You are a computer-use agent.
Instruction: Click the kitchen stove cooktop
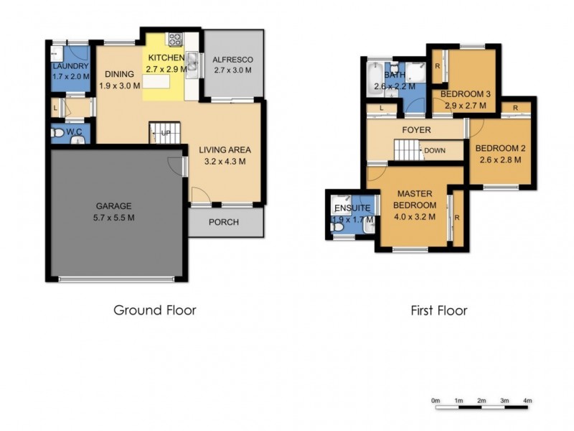click(174, 40)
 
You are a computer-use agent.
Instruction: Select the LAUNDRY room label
click(70, 67)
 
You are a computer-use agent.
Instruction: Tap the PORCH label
click(223, 222)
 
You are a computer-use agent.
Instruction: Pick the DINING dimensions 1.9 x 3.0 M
click(118, 85)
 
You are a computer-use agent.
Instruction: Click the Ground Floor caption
click(154, 310)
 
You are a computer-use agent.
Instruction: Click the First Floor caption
click(438, 311)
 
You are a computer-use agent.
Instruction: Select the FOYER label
click(416, 130)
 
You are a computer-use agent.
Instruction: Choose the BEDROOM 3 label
click(466, 94)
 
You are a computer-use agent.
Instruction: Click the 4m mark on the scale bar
click(527, 400)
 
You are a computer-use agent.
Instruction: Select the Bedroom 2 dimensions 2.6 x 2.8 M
click(503, 160)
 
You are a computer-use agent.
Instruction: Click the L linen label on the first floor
click(382, 108)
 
